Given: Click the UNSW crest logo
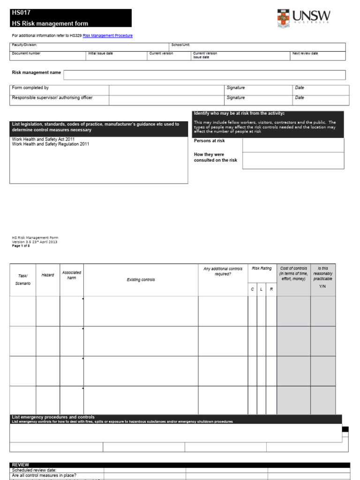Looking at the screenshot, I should click(283, 19).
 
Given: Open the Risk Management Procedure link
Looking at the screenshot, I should click(108, 36).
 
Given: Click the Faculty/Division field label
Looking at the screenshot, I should click(24, 45).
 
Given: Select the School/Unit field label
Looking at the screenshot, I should click(180, 45).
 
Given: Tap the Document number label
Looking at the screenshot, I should click(26, 53).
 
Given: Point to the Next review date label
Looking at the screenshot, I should click(305, 53).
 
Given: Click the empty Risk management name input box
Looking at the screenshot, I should click(204, 75).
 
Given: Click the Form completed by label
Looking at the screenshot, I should click(30, 88).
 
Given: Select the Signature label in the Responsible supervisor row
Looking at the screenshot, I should click(235, 98).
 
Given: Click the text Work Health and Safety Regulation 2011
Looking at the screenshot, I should click(50, 144).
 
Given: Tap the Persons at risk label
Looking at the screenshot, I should click(209, 141).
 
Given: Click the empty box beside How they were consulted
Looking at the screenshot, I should click(293, 160).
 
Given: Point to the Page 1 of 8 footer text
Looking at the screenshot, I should click(21, 246).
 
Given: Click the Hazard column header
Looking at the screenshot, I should click(48, 275).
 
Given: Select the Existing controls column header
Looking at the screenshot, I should click(141, 280).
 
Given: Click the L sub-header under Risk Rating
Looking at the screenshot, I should click(261, 290).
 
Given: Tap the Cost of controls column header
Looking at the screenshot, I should click(293, 274).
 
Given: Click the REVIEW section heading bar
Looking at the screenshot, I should click(180, 465).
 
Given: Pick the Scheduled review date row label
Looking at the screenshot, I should click(34, 470).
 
